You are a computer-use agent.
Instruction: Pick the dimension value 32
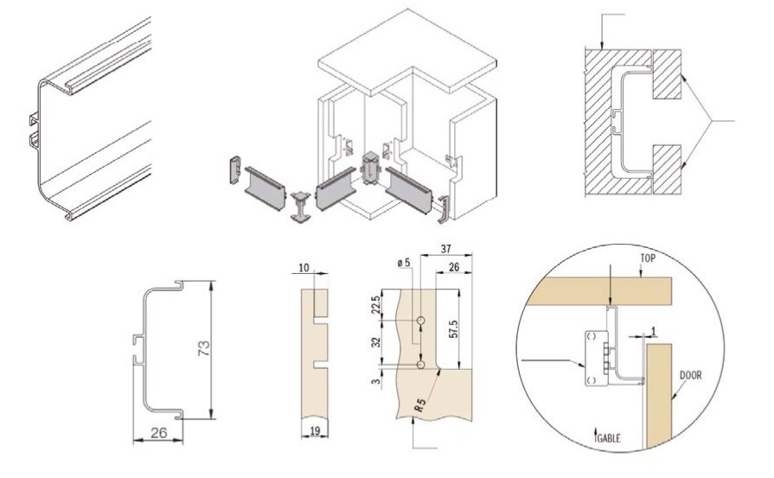[374, 343]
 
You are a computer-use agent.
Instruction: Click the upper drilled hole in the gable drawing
[419, 321]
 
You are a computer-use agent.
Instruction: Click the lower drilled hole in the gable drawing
[419, 366]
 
